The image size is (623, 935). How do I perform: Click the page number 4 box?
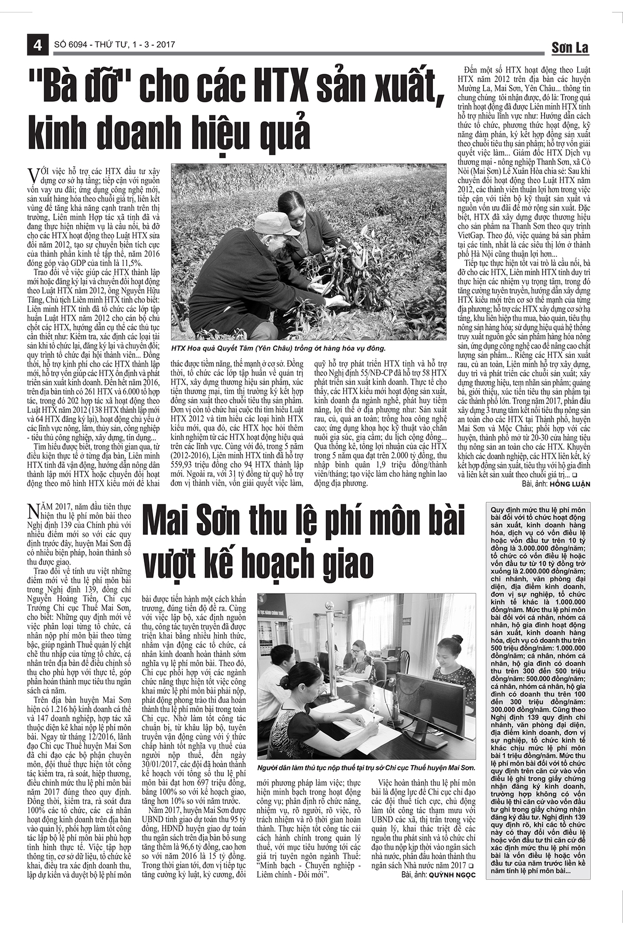click(37, 45)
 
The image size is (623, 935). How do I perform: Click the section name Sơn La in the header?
click(570, 48)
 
